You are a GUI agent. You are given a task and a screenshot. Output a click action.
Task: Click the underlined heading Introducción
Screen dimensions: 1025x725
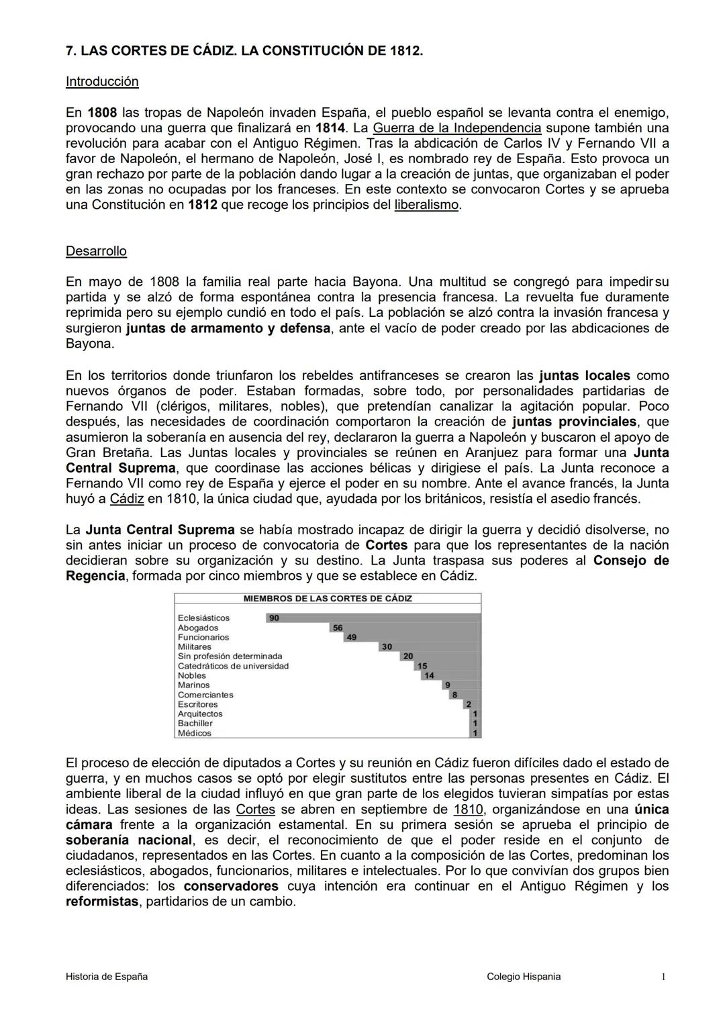102,82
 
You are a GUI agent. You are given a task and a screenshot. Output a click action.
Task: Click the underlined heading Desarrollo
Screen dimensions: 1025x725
96,251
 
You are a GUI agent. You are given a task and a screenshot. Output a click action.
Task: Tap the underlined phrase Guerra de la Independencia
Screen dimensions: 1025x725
456,128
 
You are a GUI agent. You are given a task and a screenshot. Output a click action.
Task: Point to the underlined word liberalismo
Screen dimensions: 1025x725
426,205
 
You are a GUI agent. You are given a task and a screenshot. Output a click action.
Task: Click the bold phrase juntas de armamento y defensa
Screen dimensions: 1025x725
228,328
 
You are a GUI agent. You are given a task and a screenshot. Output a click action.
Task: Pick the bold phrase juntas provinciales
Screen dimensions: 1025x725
574,422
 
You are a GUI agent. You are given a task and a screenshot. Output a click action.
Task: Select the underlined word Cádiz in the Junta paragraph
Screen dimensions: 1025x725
127,499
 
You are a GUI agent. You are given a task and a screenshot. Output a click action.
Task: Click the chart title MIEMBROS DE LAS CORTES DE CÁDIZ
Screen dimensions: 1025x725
328,599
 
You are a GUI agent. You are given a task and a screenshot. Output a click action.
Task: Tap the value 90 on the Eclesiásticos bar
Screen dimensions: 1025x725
273,618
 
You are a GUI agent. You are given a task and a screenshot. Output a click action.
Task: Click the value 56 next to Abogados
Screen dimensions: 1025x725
338,628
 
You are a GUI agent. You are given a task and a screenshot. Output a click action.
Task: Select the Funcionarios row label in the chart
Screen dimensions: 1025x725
203,638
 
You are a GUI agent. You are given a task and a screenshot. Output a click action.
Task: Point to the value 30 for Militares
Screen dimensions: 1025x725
387,647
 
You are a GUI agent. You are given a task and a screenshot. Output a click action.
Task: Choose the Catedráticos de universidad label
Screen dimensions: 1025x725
233,667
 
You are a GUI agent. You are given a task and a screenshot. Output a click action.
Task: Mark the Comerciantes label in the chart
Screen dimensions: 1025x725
205,695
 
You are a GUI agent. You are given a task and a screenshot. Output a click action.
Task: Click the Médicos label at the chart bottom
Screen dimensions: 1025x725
195,734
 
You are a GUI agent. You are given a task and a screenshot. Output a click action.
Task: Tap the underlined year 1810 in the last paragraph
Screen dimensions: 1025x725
468,810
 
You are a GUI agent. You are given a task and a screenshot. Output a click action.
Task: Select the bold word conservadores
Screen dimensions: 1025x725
231,887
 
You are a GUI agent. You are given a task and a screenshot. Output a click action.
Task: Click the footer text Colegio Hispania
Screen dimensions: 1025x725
524,977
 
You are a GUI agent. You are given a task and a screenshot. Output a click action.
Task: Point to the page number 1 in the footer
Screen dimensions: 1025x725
663,977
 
